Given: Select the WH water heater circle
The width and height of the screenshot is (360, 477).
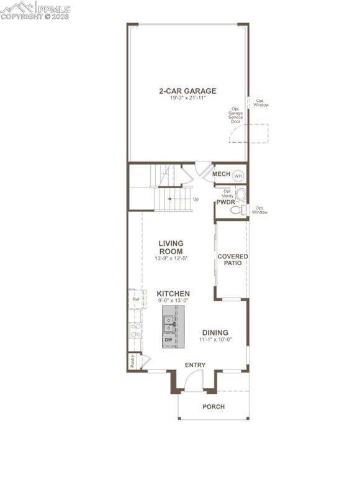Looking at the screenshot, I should (x=238, y=176).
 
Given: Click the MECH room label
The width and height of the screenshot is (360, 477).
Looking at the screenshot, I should (x=221, y=175).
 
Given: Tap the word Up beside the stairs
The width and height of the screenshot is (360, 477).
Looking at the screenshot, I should (x=196, y=199).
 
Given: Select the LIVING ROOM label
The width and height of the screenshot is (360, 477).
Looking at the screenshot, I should (x=170, y=247).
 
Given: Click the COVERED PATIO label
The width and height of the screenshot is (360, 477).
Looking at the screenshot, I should (x=233, y=260).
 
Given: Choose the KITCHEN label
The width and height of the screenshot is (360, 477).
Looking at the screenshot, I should (x=173, y=294).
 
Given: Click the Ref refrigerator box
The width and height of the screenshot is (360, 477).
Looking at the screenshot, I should (x=136, y=299).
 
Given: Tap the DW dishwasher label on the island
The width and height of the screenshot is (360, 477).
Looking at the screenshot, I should (x=168, y=340).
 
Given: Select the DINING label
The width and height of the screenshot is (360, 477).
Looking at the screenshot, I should (x=215, y=333).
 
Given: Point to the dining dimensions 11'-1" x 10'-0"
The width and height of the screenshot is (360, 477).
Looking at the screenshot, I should (x=214, y=340).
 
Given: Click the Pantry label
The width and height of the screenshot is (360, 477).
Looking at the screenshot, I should (x=133, y=360).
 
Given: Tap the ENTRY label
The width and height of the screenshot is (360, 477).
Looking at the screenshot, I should (x=195, y=365).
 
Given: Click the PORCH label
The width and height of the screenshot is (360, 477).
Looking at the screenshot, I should (x=214, y=407).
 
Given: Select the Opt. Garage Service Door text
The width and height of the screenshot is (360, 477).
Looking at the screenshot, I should (x=235, y=114).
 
